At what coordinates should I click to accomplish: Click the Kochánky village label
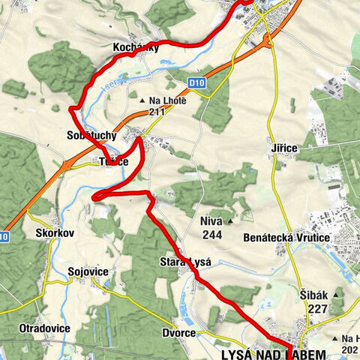point(135,47)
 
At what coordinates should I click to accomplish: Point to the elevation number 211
point(156,112)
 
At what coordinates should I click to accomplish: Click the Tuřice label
point(113,162)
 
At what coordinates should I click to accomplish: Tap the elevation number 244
point(212,234)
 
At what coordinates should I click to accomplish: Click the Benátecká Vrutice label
point(287,237)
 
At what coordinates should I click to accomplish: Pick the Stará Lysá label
point(186,262)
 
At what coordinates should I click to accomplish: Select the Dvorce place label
point(178,332)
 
